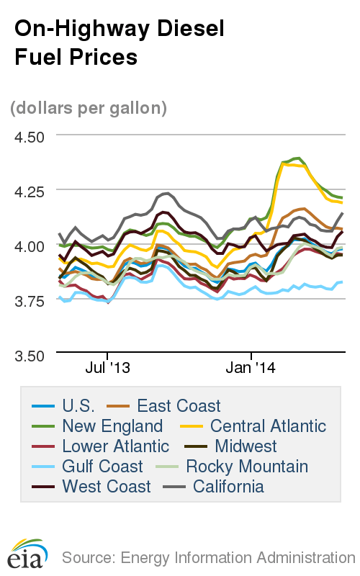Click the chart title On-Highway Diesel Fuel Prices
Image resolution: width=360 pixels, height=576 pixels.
coord(120,42)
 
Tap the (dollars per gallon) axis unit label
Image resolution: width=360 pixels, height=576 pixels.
coord(89,108)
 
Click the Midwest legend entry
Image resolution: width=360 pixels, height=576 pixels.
coord(242,446)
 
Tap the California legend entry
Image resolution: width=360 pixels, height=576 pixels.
coord(222,487)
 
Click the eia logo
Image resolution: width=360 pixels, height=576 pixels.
coord(27,554)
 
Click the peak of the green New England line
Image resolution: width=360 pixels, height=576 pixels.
coord(298,158)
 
